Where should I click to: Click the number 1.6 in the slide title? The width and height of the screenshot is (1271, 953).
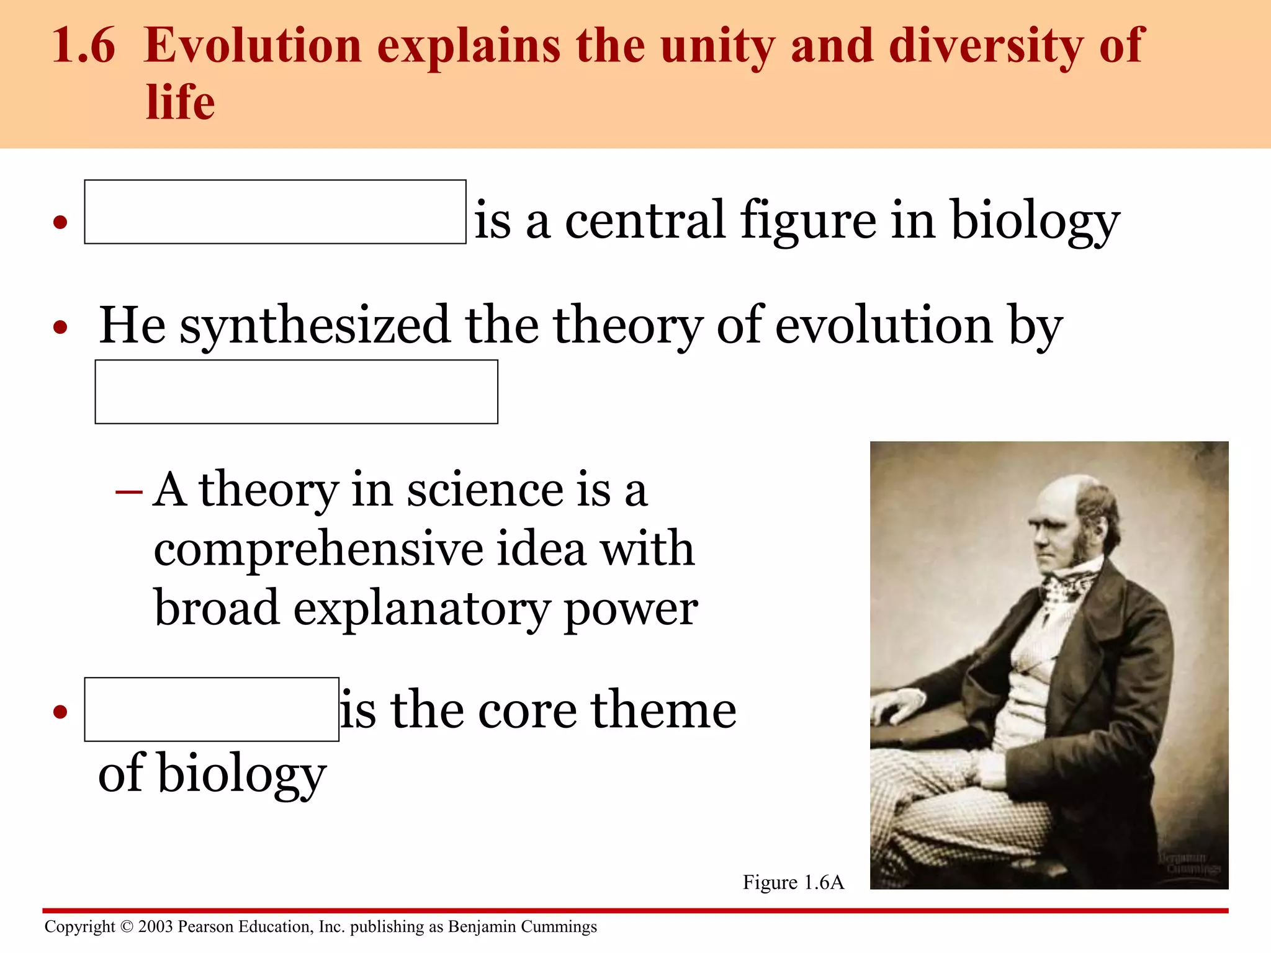[84, 46]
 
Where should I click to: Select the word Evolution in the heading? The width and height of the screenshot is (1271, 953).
[253, 46]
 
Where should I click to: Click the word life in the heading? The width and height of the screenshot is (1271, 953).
[181, 102]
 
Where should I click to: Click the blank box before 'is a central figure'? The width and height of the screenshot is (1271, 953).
[275, 212]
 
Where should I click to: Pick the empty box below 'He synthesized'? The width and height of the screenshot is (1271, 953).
[296, 392]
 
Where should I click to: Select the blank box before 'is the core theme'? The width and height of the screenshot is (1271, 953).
[212, 709]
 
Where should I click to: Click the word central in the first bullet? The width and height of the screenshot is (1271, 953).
[645, 220]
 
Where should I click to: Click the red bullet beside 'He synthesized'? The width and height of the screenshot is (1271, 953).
[60, 327]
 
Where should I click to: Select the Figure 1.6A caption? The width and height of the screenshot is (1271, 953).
[793, 882]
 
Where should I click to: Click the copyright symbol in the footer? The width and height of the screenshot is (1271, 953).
[127, 927]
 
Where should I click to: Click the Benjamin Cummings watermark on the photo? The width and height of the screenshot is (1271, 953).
[1188, 863]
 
